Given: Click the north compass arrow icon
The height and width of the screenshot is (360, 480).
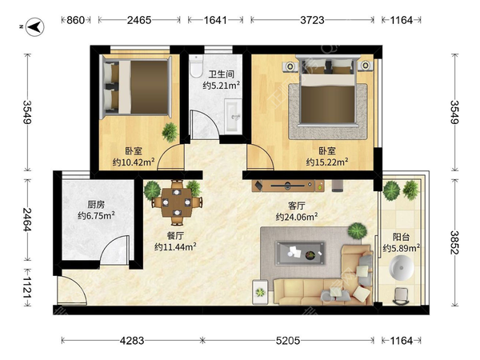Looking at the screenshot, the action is pyautogui.click(x=34, y=27).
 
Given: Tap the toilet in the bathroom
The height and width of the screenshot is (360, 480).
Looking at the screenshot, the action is pyautogui.click(x=196, y=66).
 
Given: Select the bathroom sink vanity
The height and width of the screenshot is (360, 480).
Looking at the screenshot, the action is pyautogui.click(x=234, y=116).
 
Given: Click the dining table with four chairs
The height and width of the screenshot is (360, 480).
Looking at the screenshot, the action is pyautogui.click(x=177, y=202).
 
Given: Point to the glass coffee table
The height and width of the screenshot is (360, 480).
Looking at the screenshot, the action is pyautogui.click(x=300, y=253).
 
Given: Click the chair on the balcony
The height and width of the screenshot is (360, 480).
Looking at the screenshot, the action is pyautogui.click(x=401, y=296).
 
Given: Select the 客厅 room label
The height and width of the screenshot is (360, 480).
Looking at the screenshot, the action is pyautogui.click(x=296, y=206).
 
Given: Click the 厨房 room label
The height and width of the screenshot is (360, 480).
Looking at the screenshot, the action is pyautogui.click(x=96, y=204).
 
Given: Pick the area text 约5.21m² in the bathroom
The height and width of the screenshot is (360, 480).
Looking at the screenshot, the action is pyautogui.click(x=221, y=86).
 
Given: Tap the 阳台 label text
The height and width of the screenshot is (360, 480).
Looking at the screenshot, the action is pyautogui.click(x=401, y=237).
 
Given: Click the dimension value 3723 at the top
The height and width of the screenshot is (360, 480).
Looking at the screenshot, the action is pyautogui.click(x=312, y=20).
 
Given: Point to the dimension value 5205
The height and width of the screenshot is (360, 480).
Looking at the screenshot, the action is pyautogui.click(x=288, y=341).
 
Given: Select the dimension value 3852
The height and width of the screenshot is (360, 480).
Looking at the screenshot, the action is pyautogui.click(x=454, y=242).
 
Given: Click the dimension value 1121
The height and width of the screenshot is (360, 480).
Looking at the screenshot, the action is pyautogui.click(x=27, y=288).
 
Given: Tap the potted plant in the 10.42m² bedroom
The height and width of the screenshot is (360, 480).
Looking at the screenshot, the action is pyautogui.click(x=170, y=132).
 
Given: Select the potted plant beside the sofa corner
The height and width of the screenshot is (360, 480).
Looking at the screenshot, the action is pyautogui.click(x=358, y=231).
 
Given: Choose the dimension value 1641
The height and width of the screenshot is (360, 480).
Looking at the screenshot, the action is pyautogui.click(x=215, y=20).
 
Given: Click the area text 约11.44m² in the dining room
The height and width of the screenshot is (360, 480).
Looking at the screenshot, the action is pyautogui.click(x=175, y=246).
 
